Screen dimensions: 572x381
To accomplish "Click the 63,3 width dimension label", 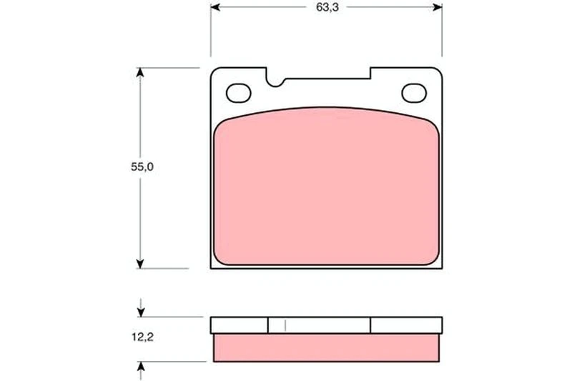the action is (327, 7).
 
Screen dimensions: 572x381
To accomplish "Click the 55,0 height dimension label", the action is (142, 167).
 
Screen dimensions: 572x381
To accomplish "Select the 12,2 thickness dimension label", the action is (142, 337).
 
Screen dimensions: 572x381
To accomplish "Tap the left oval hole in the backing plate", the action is (239, 93).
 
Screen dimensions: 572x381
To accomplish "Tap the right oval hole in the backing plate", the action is (414, 93).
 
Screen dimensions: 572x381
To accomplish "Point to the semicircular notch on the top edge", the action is (275, 82).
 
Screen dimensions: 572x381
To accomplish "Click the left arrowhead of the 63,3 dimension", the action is (216, 7).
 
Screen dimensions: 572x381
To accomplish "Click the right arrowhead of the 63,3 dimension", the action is (437, 7).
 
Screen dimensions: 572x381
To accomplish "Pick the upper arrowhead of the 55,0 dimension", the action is (140, 72).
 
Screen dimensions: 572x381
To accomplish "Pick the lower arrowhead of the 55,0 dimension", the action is (140, 264).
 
